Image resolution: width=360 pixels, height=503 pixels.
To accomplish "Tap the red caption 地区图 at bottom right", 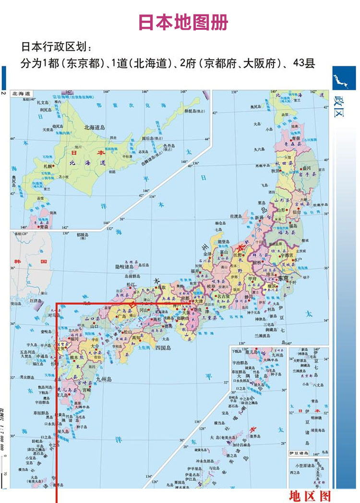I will pyautogui.click(x=310, y=495).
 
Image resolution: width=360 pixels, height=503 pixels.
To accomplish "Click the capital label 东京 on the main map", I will pyautogui.click(x=282, y=278).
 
